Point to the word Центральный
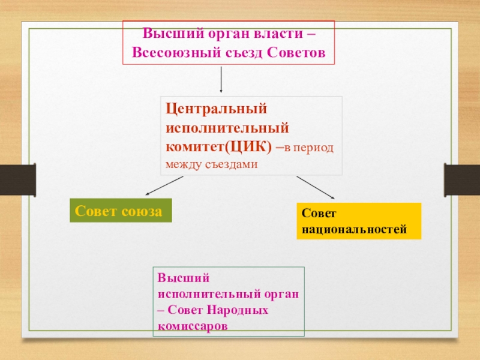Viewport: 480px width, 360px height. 215,110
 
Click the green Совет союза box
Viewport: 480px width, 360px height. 121,211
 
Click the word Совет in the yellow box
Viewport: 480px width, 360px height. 315,214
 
